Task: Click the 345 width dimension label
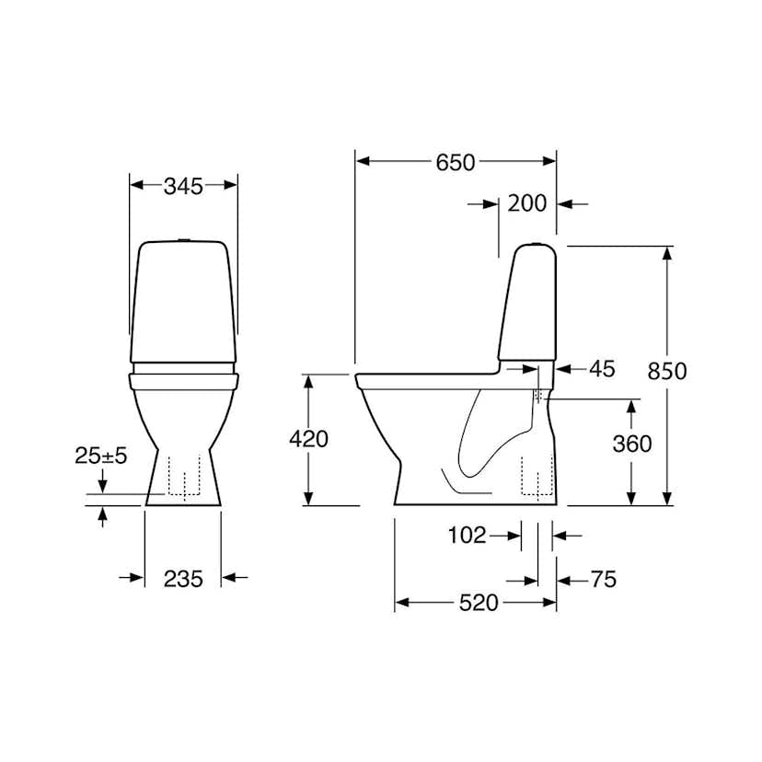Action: pos(183,185)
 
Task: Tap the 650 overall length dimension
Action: pos(456,162)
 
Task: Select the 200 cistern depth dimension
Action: pos(527,203)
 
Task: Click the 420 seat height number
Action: pos(308,439)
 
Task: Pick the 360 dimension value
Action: pos(632,444)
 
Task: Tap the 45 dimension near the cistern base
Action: pos(601,368)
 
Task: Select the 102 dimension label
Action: pos(468,535)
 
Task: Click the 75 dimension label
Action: pos(603,579)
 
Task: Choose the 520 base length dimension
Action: pos(479,603)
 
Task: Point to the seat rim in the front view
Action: pos(184,376)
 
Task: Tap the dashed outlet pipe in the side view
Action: pos(533,477)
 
